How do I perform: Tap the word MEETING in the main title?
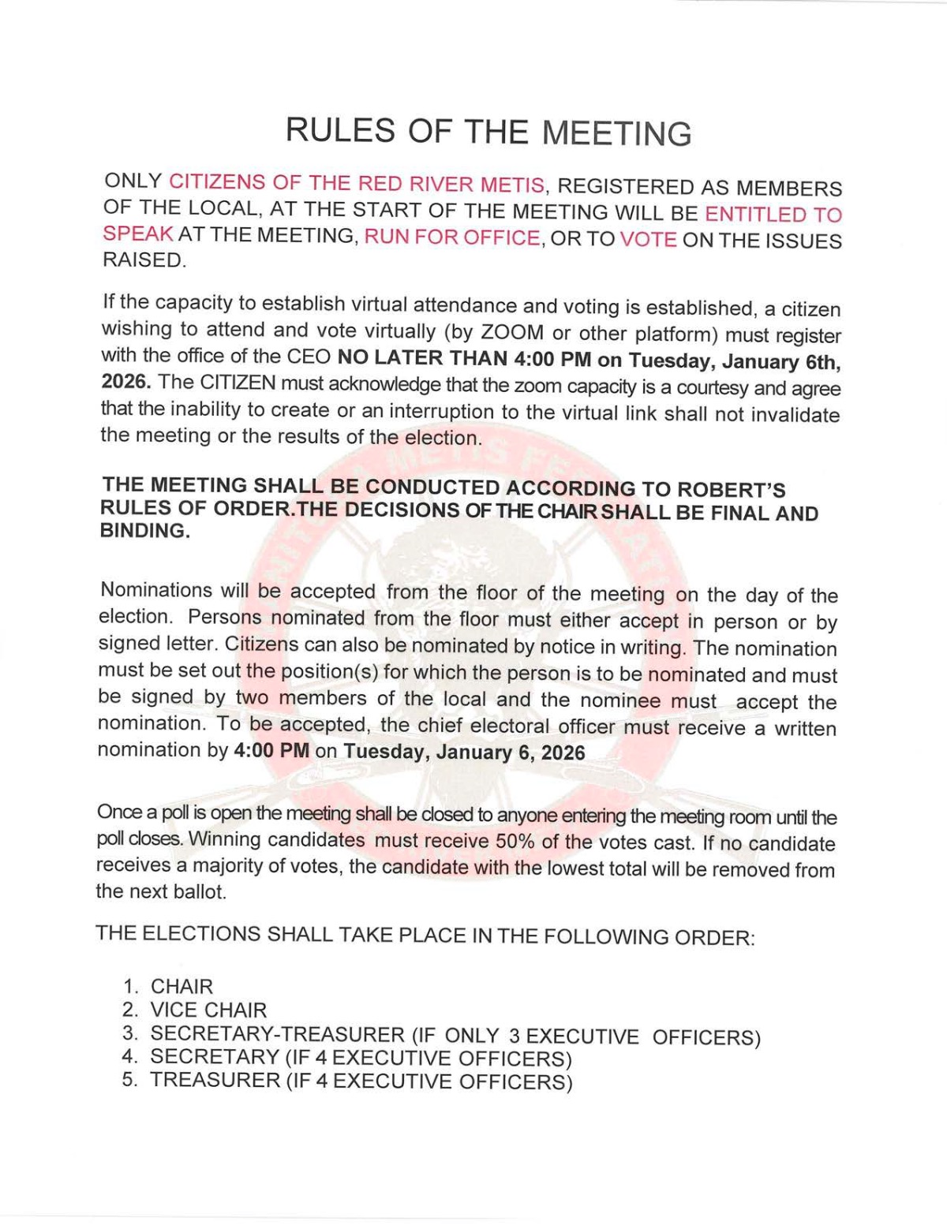(x=618, y=133)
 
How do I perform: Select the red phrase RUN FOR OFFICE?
(x=452, y=237)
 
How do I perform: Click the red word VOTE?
(x=648, y=239)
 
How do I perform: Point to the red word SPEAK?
(x=138, y=234)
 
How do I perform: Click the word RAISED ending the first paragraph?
(x=144, y=260)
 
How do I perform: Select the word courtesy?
(x=708, y=387)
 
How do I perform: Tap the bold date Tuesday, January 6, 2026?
(x=464, y=752)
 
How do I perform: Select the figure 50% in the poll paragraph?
(x=515, y=841)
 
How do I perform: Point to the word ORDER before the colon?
(x=712, y=938)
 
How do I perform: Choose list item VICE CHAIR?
(x=208, y=1010)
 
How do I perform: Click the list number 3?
(x=129, y=1033)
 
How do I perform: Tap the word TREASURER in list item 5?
(x=214, y=1080)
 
